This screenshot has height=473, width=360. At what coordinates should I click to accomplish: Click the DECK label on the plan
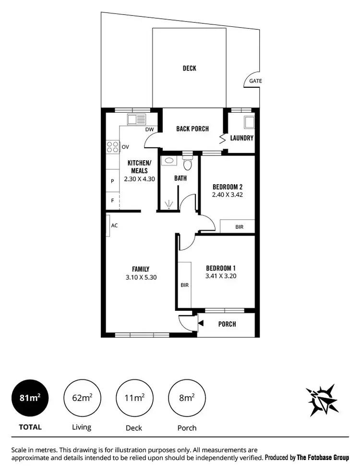pos(189,68)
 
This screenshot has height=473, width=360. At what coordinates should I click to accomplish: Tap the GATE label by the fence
pos(255,81)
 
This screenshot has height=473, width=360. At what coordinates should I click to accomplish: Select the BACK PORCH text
pos(192,129)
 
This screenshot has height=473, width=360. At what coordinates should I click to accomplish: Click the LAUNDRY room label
pos(241,138)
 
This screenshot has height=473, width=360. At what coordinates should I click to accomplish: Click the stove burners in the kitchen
pos(112,147)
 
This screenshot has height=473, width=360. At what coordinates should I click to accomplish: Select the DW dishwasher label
pos(149,130)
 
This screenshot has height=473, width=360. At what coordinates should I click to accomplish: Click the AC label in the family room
pos(114,225)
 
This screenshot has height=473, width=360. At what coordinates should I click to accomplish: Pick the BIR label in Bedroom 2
pos(239,226)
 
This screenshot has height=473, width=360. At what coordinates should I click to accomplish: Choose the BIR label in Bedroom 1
pos(184,285)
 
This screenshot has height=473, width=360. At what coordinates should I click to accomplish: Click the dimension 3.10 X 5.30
pos(141,277)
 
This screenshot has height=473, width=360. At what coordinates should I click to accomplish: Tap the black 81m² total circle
pos(30,398)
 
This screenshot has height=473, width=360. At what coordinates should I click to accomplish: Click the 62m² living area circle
pos(82,398)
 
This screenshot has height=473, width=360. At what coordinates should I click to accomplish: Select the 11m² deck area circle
pos(134,398)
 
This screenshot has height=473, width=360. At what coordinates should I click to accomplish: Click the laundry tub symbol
pos(249,122)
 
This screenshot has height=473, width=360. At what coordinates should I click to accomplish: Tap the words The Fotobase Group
pos(323,458)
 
